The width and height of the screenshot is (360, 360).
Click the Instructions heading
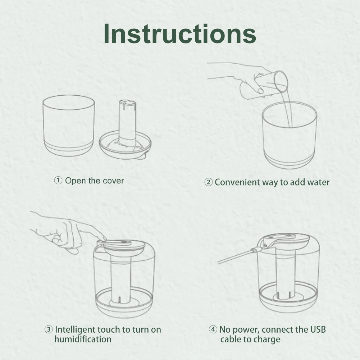180,33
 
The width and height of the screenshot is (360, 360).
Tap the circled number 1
58,181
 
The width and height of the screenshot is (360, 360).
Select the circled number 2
209,182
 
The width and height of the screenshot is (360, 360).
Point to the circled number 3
49,330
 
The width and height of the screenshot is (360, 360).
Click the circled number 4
213,329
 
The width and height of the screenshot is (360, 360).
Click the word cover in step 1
113,181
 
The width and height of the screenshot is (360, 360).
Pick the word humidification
83,340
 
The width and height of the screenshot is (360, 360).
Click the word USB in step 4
318,329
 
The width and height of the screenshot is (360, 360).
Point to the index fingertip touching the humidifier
104,238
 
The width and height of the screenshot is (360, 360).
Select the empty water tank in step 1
69,126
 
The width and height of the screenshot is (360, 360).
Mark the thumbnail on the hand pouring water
261,91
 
